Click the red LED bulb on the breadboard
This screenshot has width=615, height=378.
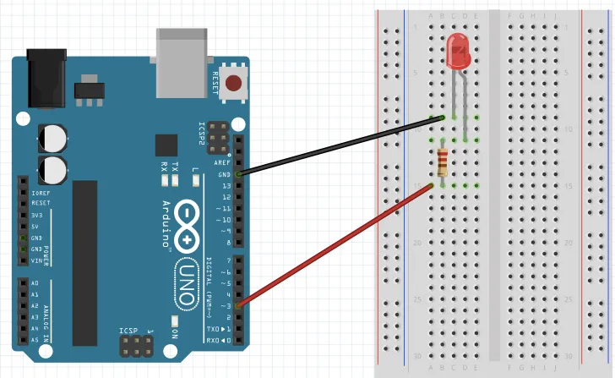click(458, 52)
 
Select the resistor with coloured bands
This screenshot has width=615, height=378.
click(443, 162)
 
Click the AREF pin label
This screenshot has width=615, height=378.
click(223, 162)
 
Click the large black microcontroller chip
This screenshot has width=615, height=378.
click(86, 262)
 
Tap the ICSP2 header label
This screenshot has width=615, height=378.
click(201, 134)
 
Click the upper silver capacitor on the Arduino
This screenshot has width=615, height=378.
click(53, 137)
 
